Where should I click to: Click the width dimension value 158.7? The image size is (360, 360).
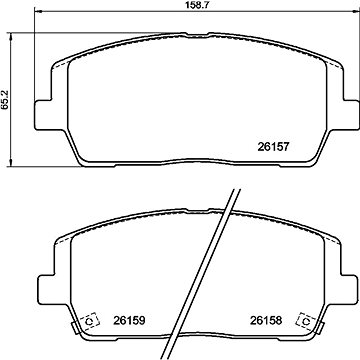[180, 6]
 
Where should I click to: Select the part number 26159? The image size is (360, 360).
[124, 322]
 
